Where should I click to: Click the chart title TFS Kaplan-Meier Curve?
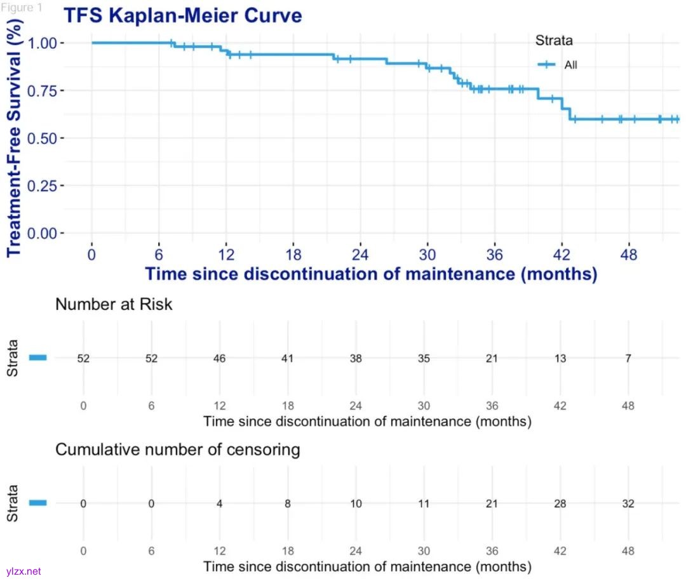coord(182,15)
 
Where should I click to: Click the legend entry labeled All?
coord(570,65)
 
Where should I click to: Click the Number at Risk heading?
coord(114,305)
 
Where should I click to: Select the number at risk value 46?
coord(219,359)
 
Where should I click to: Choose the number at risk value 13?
coord(560,359)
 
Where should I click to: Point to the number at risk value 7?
coord(628,359)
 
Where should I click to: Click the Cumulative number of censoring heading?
coord(177,450)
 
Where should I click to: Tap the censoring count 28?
coord(560,504)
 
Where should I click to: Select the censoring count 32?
coord(628,504)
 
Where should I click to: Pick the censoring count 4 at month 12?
coord(219,504)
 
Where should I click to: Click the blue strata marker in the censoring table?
coord(38,503)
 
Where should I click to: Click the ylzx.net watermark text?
coord(23,571)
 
